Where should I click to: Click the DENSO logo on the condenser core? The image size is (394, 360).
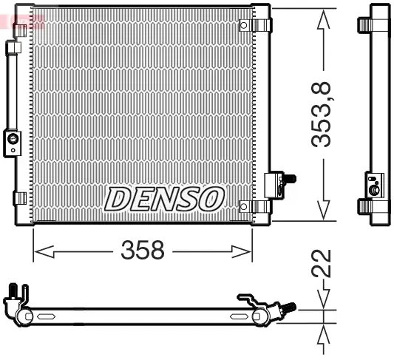tap(165, 198)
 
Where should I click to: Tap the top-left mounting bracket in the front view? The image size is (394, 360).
tap(21, 30)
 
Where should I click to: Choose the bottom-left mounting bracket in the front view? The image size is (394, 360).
tap(20, 198)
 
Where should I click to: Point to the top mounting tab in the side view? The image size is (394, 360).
tap(364, 25)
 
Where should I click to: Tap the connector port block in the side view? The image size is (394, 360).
tap(375, 185)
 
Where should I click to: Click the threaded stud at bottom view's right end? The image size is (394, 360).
tap(290, 306)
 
